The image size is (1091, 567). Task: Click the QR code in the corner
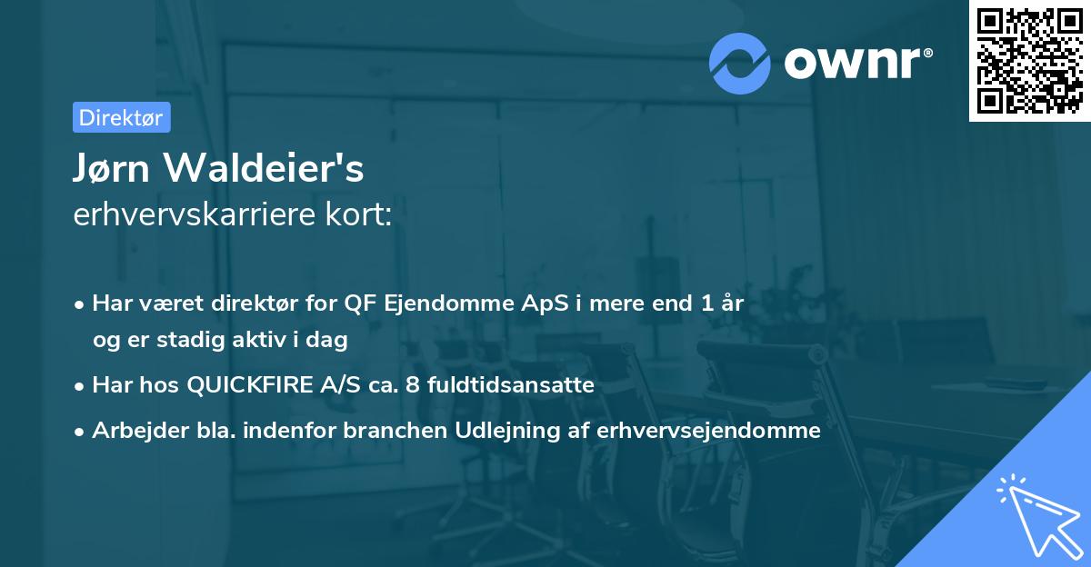click(1029, 61)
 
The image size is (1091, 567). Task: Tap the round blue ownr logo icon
click(740, 63)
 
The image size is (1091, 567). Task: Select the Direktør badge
click(121, 117)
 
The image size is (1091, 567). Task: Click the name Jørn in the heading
click(115, 169)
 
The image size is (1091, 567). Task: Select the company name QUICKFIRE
click(247, 385)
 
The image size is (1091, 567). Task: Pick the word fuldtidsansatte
click(507, 385)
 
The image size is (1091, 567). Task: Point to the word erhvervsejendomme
click(708, 431)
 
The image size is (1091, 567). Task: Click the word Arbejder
click(134, 431)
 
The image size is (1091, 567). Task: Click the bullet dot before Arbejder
click(81, 432)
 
